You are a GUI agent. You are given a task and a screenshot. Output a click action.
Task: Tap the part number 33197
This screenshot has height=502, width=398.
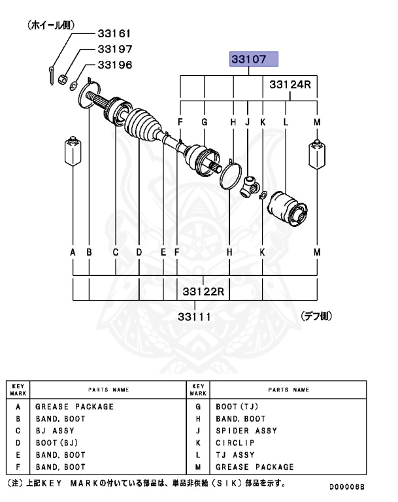(114, 48)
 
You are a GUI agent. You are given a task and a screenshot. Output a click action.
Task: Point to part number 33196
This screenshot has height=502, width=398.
(114, 65)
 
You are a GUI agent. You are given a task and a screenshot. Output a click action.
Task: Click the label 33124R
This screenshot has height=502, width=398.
(290, 85)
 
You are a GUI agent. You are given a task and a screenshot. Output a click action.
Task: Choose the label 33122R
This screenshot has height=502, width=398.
(203, 290)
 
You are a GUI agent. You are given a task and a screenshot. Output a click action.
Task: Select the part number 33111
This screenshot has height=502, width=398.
(195, 316)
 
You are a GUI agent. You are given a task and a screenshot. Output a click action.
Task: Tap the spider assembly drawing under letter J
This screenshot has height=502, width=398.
(250, 185)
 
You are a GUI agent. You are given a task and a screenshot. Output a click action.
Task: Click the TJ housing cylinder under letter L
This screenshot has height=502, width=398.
(286, 209)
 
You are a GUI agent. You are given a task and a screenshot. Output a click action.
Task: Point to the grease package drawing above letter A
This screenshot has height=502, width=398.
(71, 153)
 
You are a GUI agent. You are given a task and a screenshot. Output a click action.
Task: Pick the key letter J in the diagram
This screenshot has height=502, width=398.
(248, 122)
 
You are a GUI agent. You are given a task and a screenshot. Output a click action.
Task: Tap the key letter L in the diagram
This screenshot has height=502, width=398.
(286, 122)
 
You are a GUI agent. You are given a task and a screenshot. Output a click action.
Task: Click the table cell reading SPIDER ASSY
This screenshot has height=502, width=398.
(246, 431)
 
